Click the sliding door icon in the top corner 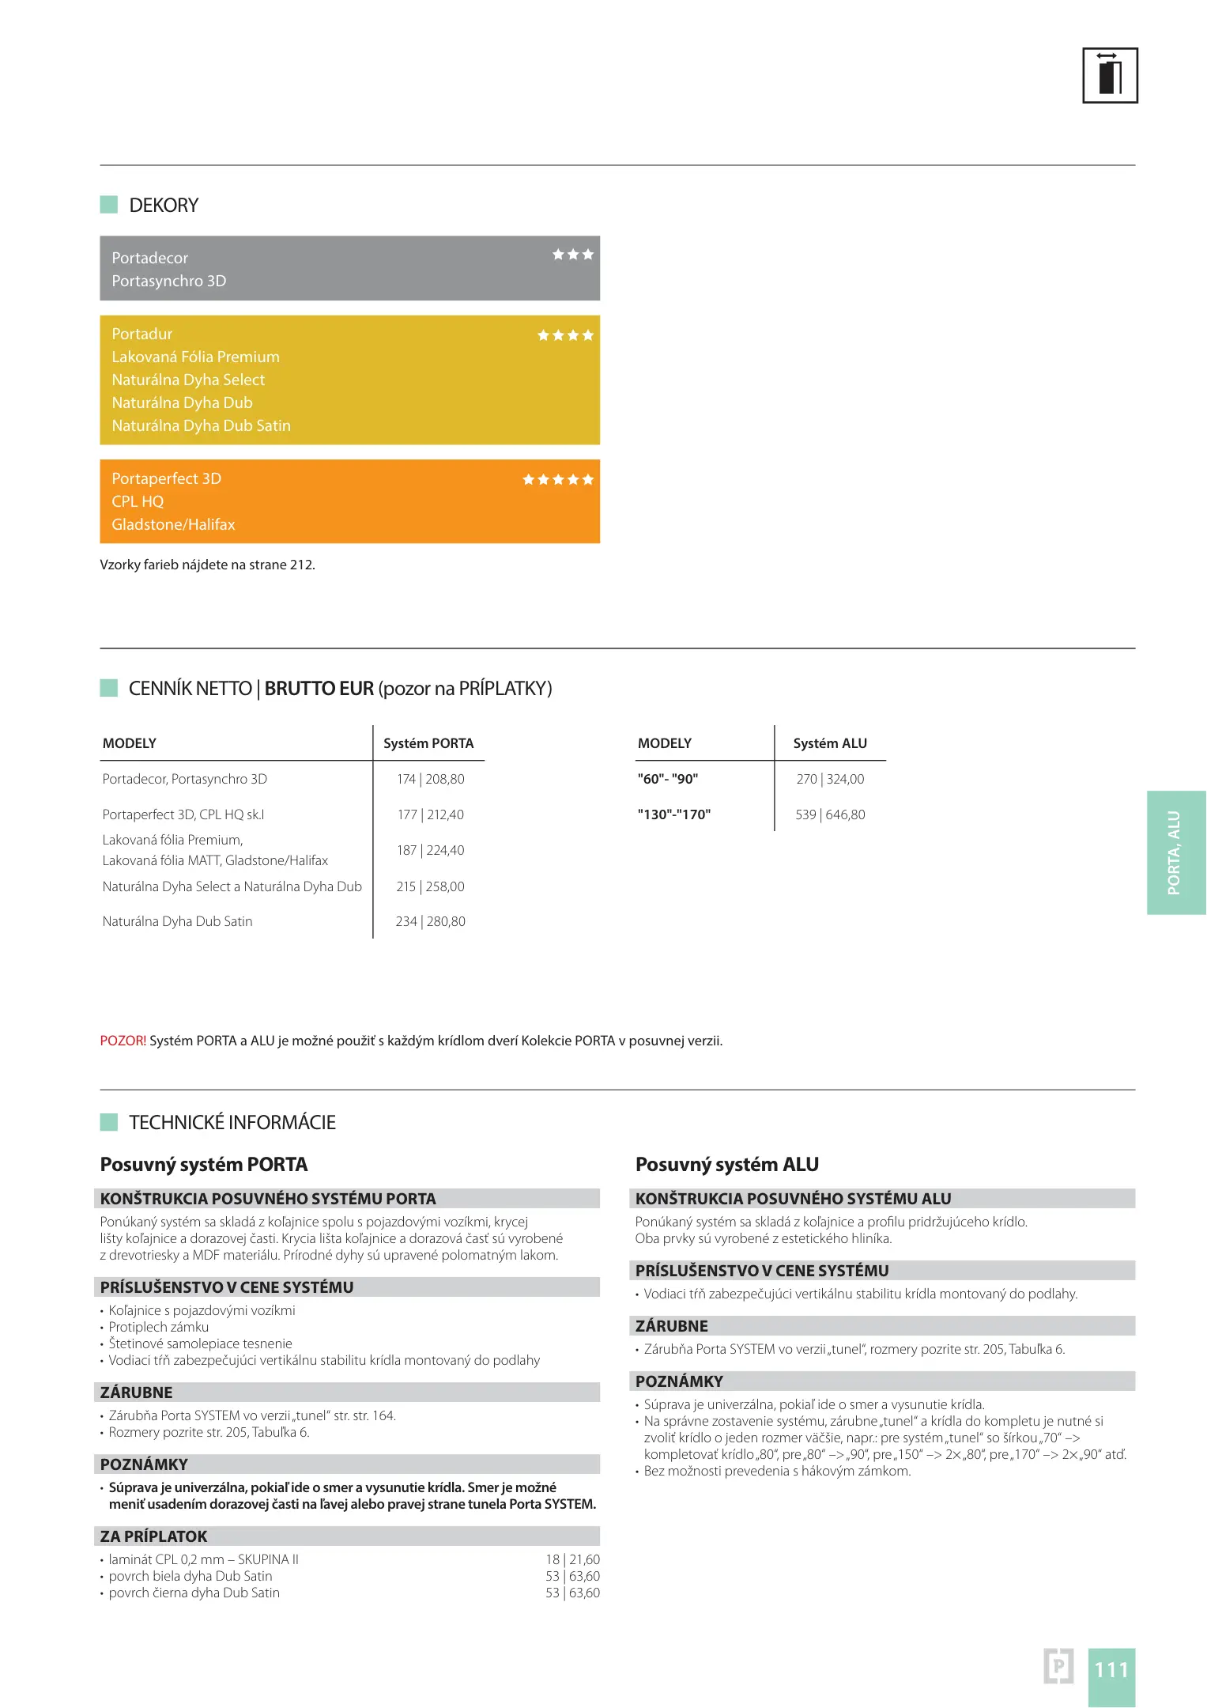click(1109, 75)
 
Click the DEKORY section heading click(164, 206)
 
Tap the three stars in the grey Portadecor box click(572, 255)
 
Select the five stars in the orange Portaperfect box click(557, 480)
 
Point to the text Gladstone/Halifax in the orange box click(173, 524)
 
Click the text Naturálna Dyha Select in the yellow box click(188, 380)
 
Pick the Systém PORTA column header click(428, 743)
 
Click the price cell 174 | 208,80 click(430, 779)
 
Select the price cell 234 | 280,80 click(430, 921)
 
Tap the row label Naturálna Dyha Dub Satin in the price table click(177, 921)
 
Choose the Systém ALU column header click(830, 743)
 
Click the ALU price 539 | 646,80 click(830, 814)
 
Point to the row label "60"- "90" click(667, 779)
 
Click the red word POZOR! click(123, 1041)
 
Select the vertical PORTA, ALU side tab click(1175, 852)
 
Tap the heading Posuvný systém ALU click(726, 1164)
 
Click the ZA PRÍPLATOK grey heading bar click(346, 1536)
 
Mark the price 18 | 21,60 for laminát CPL click(572, 1559)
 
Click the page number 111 click(1111, 1669)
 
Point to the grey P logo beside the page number click(1058, 1666)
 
